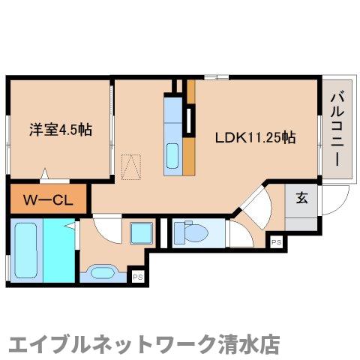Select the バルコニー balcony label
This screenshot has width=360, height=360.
click(337, 127)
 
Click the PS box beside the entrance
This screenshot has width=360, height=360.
click(277, 242)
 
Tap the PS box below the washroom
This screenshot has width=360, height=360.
click(137, 276)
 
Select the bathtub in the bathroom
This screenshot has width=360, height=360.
click(25, 247)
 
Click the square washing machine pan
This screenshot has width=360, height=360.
click(140, 233)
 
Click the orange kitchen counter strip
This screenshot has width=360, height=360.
click(190, 142)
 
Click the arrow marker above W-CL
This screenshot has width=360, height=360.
click(46, 174)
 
